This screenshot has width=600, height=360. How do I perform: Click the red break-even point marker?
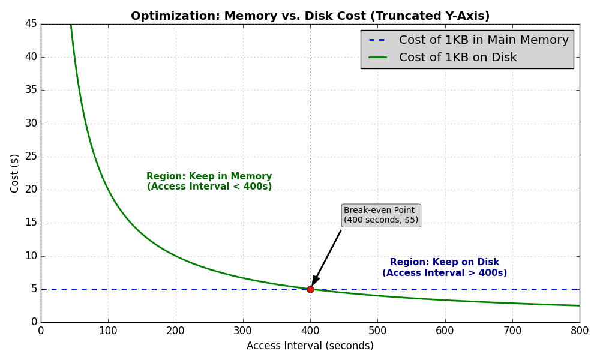[x=310, y=289]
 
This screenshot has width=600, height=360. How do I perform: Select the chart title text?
[x=310, y=16]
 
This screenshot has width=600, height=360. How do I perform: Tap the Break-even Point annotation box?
[x=381, y=215]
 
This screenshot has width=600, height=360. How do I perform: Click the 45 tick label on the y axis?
[x=31, y=23]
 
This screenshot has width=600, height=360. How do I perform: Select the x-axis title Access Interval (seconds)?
[x=310, y=346]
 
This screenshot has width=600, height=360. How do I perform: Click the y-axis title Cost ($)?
[x=15, y=173]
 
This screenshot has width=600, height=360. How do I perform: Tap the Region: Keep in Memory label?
[x=209, y=182]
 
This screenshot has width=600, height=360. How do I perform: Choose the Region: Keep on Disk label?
[x=445, y=268]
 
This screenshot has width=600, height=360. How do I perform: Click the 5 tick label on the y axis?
[x=34, y=289]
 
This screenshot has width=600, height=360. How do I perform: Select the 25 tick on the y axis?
[x=31, y=156]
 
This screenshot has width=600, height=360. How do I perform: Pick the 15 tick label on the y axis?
[x=31, y=222]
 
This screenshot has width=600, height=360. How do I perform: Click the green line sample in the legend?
[x=377, y=58]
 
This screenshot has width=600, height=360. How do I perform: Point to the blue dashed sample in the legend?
[x=377, y=40]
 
